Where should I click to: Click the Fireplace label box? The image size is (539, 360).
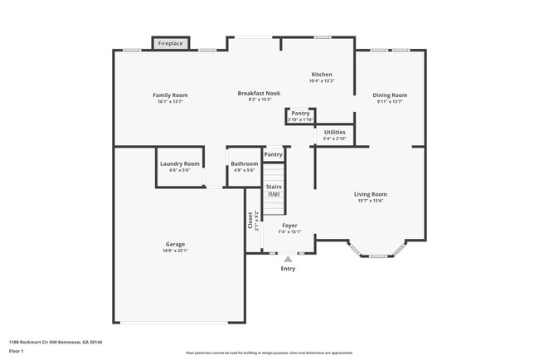171,43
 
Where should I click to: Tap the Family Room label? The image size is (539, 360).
170,95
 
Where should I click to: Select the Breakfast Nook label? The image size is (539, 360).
259,94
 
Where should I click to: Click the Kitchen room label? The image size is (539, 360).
322,75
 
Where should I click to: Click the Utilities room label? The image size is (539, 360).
335,132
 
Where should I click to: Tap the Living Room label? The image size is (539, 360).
371,194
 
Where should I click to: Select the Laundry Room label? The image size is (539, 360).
179,163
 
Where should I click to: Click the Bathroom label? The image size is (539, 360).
245,163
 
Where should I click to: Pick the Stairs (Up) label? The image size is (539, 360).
274,190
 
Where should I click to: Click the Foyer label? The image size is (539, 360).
289,225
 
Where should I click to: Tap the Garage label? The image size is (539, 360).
175,244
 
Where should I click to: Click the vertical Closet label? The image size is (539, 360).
250,221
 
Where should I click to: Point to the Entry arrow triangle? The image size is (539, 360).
288,260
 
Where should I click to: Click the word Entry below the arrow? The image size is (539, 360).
288,269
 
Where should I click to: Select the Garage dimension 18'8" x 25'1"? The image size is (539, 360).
175,251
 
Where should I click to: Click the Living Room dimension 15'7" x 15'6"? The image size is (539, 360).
371,201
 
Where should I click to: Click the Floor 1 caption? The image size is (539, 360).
17,351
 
